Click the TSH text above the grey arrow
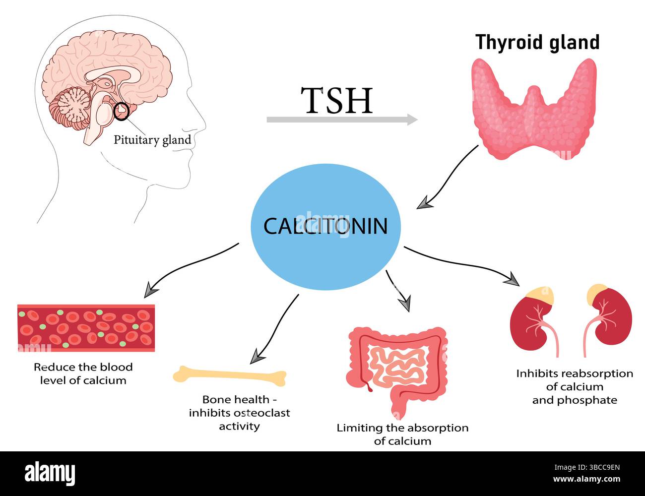tap(338, 101)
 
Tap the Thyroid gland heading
tap(537, 42)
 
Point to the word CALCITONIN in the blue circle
tap(325, 226)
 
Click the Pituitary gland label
tap(152, 140)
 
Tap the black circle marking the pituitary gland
tap(121, 111)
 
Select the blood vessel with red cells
tap(86, 328)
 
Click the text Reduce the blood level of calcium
tap(83, 373)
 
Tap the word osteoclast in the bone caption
tap(261, 413)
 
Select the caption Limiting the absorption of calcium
tap(402, 434)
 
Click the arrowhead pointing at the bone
tap(256, 356)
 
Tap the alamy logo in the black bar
tap(50, 474)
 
